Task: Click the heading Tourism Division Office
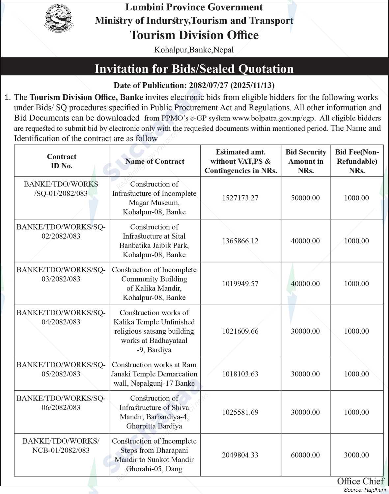point(194,35)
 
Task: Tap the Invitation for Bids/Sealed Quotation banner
point(194,69)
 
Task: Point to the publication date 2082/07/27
point(208,85)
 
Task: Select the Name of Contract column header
point(155,161)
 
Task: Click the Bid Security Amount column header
point(306,161)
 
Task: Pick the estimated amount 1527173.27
point(240,198)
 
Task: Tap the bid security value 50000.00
point(305,198)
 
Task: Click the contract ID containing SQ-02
point(61,232)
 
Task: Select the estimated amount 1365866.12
point(240,241)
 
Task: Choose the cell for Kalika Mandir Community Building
point(154,284)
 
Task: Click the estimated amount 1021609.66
point(240,331)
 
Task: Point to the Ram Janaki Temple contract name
point(154,374)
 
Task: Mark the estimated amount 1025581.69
point(240,412)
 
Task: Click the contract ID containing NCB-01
point(61,446)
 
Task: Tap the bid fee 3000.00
point(356,455)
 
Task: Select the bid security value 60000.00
point(305,455)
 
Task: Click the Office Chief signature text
point(360,481)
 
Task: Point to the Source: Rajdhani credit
point(365,490)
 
